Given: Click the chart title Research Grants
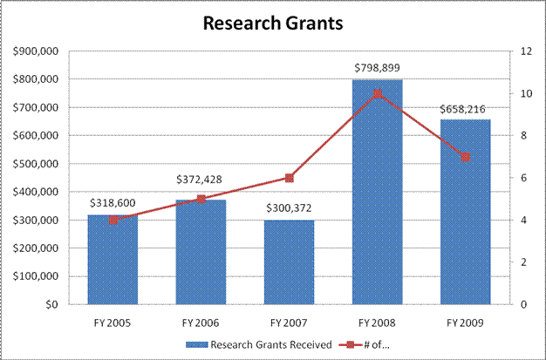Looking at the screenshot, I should [x=272, y=23].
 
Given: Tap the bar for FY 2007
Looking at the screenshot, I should [x=289, y=262].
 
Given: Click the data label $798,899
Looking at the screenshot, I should [x=377, y=67].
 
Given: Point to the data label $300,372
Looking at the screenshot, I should [x=289, y=207].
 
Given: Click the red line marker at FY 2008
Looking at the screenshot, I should [x=377, y=93].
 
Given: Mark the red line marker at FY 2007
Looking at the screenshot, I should [x=289, y=178].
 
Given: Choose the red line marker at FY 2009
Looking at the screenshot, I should [x=465, y=157].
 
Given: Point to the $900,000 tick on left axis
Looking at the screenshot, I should [x=36, y=51].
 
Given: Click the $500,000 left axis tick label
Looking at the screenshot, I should [x=36, y=164].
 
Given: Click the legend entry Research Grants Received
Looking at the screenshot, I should [x=263, y=344].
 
